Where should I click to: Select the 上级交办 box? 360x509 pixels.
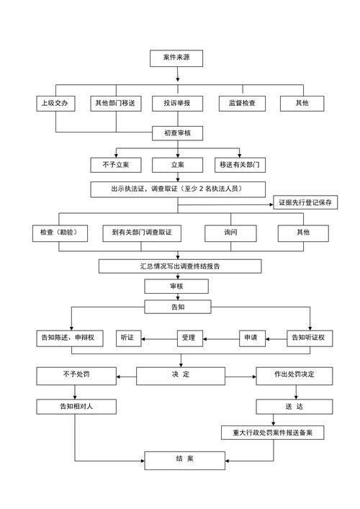pyautogui.click(x=55, y=104)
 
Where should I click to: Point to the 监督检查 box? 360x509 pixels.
pyautogui.click(x=241, y=104)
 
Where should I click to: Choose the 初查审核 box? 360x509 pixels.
pyautogui.click(x=178, y=133)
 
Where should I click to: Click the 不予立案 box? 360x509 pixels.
pyautogui.click(x=110, y=165)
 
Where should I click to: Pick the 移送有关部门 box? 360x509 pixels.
pyautogui.click(x=240, y=165)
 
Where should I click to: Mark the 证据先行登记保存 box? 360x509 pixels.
pyautogui.click(x=305, y=203)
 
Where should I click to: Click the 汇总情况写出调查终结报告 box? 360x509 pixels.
pyautogui.click(x=180, y=266)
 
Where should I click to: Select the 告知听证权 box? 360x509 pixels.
pyautogui.click(x=307, y=337)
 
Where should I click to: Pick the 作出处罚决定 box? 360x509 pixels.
pyautogui.click(x=293, y=375)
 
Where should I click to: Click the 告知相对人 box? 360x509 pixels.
pyautogui.click(x=76, y=407)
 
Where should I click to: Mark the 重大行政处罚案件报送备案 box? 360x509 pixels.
pyautogui.click(x=272, y=433)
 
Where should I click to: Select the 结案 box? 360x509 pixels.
pyautogui.click(x=180, y=459)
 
